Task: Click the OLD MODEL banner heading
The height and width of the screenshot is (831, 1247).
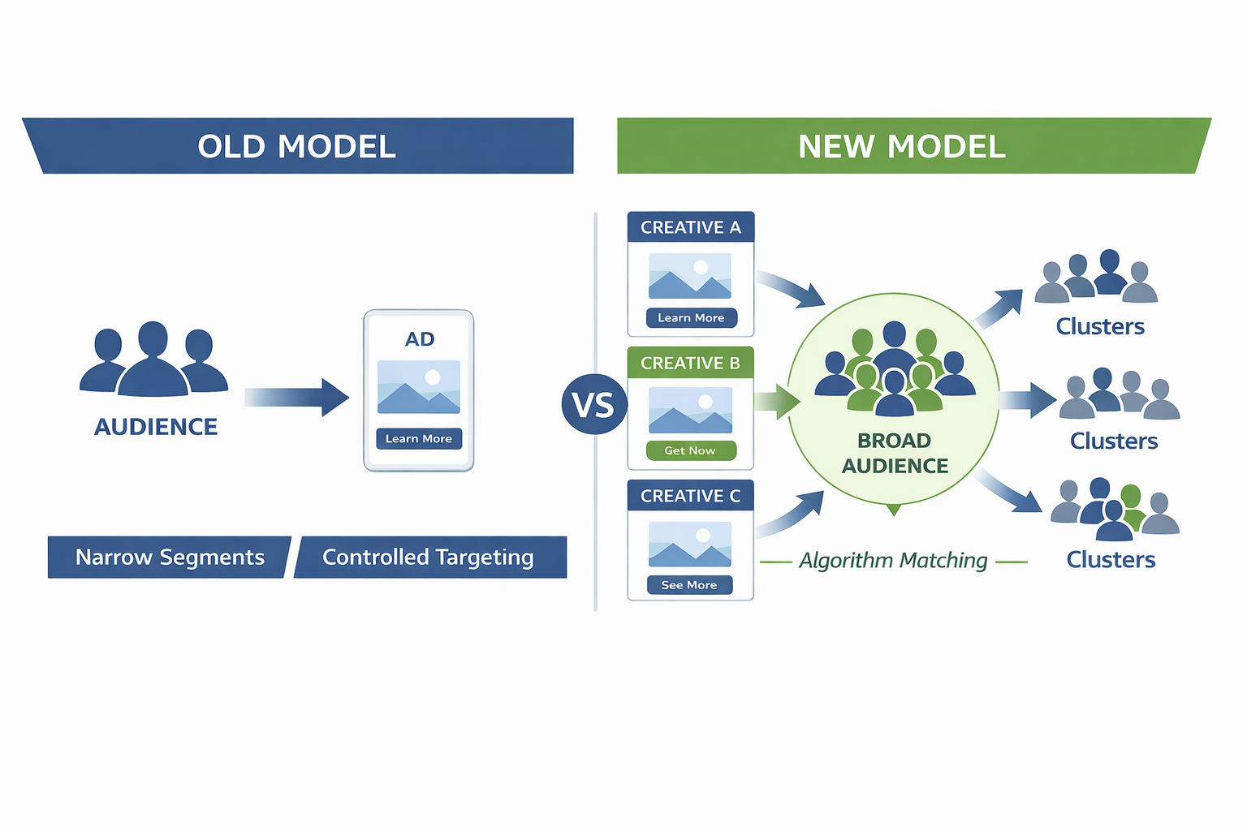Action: (x=297, y=147)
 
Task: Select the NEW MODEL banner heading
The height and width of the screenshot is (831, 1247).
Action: (x=901, y=147)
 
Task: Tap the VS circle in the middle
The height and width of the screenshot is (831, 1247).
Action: (x=593, y=404)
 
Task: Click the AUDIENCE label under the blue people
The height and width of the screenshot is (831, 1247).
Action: (x=156, y=427)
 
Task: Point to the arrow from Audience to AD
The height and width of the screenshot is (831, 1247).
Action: (x=299, y=397)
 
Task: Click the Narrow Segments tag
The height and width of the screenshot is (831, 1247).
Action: (x=170, y=558)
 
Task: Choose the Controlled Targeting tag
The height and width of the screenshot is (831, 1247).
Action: (x=429, y=558)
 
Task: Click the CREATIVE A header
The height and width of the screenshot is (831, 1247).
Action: (x=690, y=227)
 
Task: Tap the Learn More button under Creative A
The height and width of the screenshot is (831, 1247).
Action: (x=691, y=318)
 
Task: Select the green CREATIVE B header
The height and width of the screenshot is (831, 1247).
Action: (x=690, y=363)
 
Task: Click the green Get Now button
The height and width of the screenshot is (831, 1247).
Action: (x=690, y=450)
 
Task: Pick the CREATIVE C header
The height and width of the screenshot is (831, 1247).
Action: (x=690, y=496)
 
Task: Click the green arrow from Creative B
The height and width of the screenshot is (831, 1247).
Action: (x=778, y=402)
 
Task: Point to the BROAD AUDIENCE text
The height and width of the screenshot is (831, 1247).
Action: (x=895, y=453)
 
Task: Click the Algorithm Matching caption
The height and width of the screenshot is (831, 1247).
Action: (x=893, y=561)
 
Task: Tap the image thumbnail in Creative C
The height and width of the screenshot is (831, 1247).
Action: (x=690, y=544)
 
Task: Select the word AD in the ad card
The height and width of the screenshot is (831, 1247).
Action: (x=420, y=339)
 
